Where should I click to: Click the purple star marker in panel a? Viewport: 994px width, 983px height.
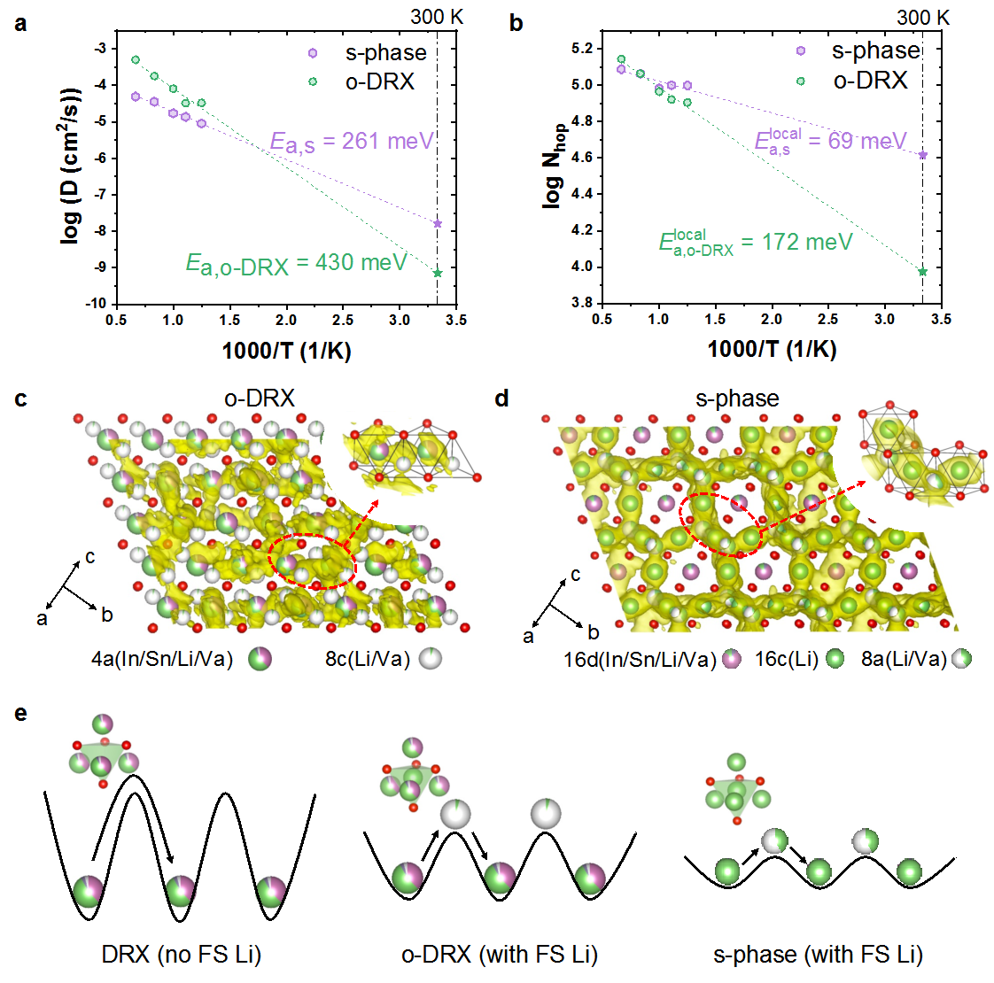(x=438, y=223)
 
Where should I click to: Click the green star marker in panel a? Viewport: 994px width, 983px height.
(x=438, y=273)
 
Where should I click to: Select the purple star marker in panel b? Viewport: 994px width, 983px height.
(x=923, y=155)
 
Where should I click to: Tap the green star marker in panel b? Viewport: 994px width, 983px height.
(x=923, y=272)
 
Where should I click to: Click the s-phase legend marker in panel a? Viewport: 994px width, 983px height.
(x=312, y=53)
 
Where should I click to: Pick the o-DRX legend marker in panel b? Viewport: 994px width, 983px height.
(x=801, y=81)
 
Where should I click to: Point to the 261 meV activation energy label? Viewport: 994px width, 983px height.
(x=352, y=142)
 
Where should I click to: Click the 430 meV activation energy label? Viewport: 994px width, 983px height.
(x=296, y=263)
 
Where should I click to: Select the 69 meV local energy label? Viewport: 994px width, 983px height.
(x=830, y=141)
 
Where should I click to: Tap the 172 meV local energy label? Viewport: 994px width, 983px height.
(x=756, y=242)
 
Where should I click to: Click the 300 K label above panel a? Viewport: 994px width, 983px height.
(x=437, y=18)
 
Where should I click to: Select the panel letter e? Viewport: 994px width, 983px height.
(x=20, y=713)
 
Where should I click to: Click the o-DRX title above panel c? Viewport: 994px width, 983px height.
(x=259, y=399)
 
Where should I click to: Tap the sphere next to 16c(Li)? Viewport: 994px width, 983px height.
(x=833, y=659)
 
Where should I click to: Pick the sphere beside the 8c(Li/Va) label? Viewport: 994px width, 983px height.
(x=431, y=659)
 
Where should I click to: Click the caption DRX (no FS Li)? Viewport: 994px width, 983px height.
(x=182, y=955)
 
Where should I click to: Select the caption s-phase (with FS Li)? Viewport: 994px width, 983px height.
(x=818, y=955)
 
